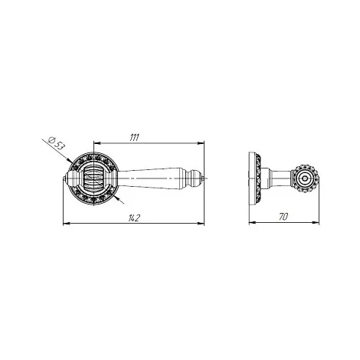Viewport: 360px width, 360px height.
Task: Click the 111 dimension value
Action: point(134,137)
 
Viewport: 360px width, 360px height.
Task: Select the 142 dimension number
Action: point(134,218)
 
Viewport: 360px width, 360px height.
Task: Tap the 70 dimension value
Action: point(283,217)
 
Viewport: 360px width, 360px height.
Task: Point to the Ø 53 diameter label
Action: point(57,143)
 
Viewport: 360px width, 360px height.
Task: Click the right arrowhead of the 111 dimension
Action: point(201,143)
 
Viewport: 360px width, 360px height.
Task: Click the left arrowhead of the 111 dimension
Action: point(98,143)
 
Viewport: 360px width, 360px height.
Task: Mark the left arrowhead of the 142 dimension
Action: point(67,224)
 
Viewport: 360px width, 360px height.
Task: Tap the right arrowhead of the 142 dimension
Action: point(201,224)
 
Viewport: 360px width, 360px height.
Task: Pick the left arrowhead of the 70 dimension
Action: point(252,223)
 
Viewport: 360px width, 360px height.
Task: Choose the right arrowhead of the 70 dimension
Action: point(316,223)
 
